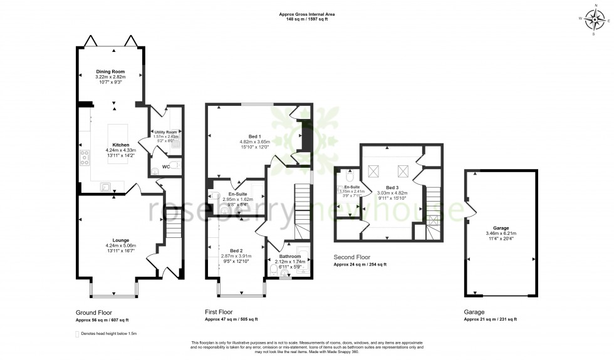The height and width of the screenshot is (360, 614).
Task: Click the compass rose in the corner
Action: click(x=593, y=18)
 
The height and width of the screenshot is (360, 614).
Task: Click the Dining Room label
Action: click(x=110, y=72)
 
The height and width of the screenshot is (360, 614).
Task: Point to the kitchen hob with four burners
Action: click(x=83, y=157)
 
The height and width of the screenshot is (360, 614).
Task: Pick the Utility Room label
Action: click(x=166, y=132)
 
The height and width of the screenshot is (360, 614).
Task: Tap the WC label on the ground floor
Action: click(x=166, y=167)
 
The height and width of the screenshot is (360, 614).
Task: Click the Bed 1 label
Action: click(x=254, y=136)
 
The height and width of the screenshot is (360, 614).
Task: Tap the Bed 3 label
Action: click(x=392, y=187)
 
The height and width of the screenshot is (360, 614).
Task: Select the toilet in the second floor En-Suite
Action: click(x=350, y=176)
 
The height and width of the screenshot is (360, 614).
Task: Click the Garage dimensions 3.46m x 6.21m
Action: click(x=499, y=234)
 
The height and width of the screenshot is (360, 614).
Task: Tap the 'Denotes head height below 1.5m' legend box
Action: click(x=77, y=334)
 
